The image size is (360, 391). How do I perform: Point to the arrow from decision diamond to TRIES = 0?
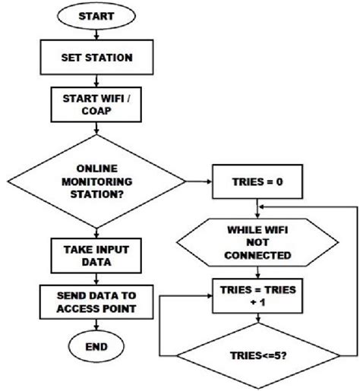pos(199,182)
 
